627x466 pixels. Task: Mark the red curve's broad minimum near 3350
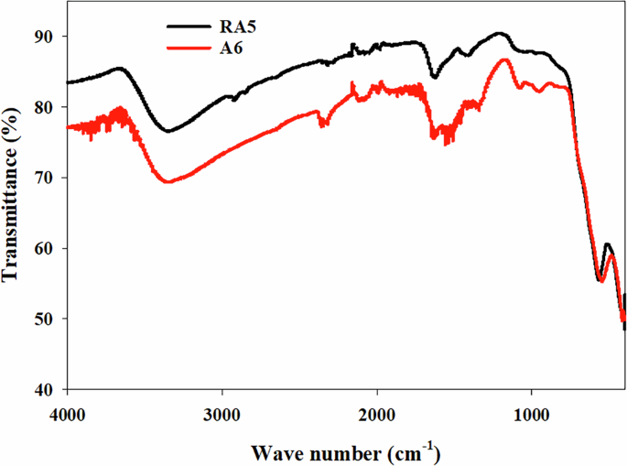click(168, 182)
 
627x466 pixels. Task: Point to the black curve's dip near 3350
click(168, 131)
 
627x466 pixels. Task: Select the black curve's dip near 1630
click(434, 78)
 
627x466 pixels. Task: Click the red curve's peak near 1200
click(503, 60)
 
